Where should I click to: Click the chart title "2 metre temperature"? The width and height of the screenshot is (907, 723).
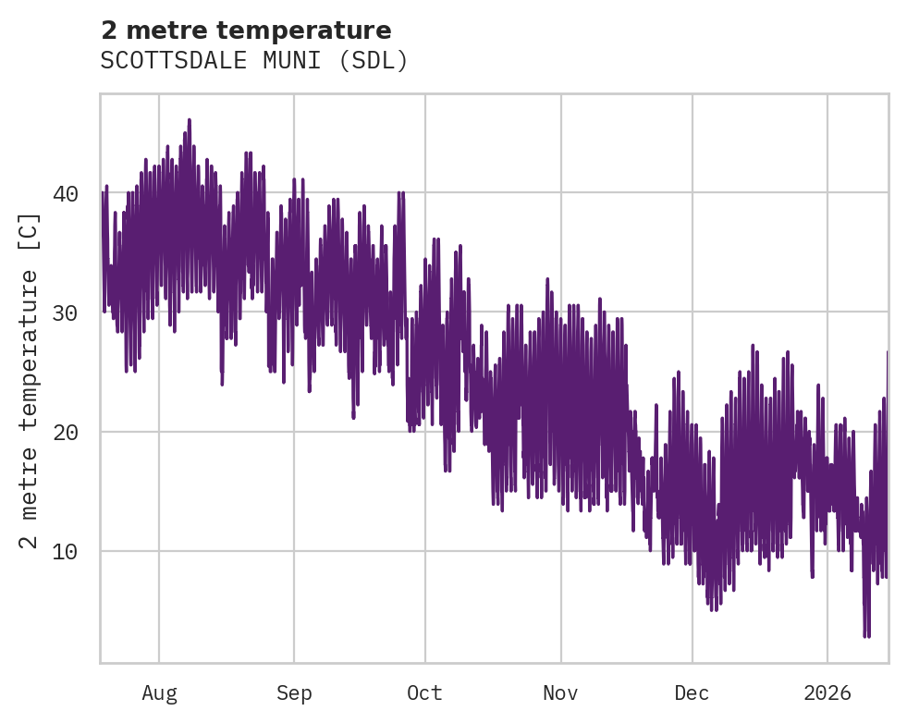coord(246,31)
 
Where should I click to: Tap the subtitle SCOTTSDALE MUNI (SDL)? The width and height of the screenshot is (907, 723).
coord(254,61)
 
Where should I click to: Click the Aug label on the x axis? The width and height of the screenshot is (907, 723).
coord(159,693)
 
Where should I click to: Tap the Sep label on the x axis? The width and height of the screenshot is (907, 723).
coord(294,693)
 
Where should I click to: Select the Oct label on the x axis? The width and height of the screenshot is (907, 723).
coord(425,693)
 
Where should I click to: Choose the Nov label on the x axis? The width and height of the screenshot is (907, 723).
coord(560,693)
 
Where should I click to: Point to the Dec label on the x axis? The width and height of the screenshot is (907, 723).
coord(692,693)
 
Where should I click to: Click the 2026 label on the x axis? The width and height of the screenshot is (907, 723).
coord(827,693)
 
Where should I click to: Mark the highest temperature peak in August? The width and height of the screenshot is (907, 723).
coord(190,120)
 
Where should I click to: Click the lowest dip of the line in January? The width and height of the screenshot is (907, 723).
coord(866,636)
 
